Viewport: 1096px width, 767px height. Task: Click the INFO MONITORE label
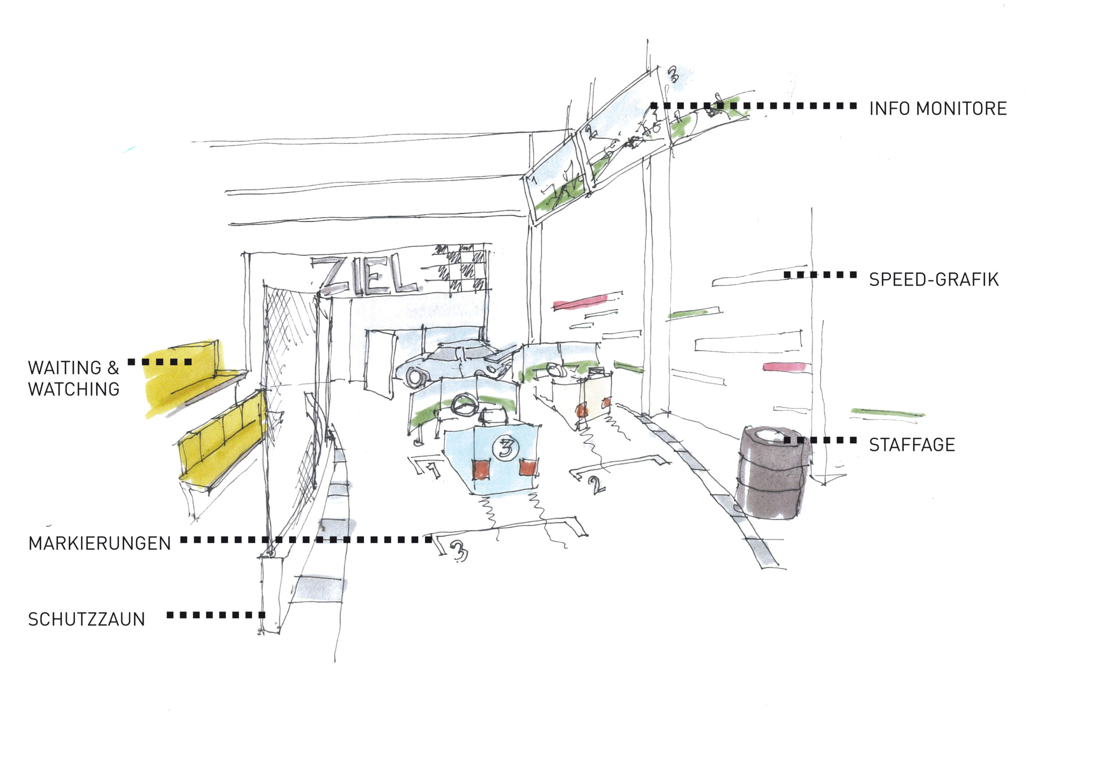938,109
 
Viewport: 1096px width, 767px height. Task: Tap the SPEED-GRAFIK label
933,279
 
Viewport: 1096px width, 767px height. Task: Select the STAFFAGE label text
912,445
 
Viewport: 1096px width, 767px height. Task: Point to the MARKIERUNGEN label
99,544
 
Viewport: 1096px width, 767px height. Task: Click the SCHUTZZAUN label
86,619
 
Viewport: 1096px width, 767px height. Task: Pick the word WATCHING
74,390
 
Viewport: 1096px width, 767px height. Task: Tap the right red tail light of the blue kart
528,468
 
